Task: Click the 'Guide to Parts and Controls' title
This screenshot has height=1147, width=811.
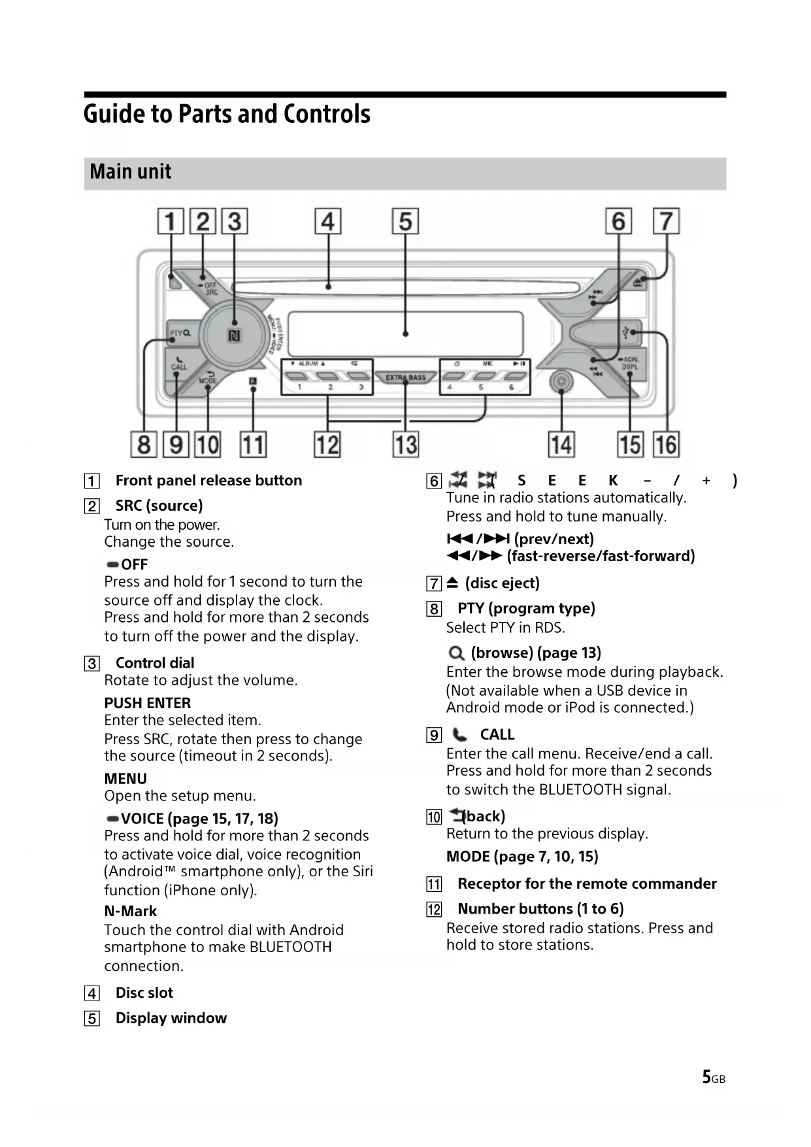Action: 227,114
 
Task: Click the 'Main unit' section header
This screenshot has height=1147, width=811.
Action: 131,172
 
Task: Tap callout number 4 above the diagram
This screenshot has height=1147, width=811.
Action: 327,222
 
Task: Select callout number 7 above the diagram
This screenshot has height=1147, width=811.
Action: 666,221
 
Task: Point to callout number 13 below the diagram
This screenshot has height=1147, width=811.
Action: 405,445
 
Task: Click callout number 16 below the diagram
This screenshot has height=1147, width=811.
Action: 666,445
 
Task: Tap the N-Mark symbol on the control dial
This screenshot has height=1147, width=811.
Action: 234,336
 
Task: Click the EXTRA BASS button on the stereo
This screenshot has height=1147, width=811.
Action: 405,377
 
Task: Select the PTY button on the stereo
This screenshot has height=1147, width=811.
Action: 180,334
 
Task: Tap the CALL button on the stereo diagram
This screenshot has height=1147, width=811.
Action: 178,364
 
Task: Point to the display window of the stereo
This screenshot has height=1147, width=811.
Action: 405,334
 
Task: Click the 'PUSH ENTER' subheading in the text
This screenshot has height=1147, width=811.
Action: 148,703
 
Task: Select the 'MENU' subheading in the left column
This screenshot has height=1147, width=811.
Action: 125,779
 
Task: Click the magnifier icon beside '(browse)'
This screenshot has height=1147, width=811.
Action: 456,653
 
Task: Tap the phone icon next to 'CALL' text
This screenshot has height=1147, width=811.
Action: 460,735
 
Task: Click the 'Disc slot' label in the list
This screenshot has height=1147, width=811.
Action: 144,993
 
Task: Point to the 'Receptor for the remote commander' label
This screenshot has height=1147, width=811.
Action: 587,884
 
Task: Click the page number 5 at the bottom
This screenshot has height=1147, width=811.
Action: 706,1077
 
